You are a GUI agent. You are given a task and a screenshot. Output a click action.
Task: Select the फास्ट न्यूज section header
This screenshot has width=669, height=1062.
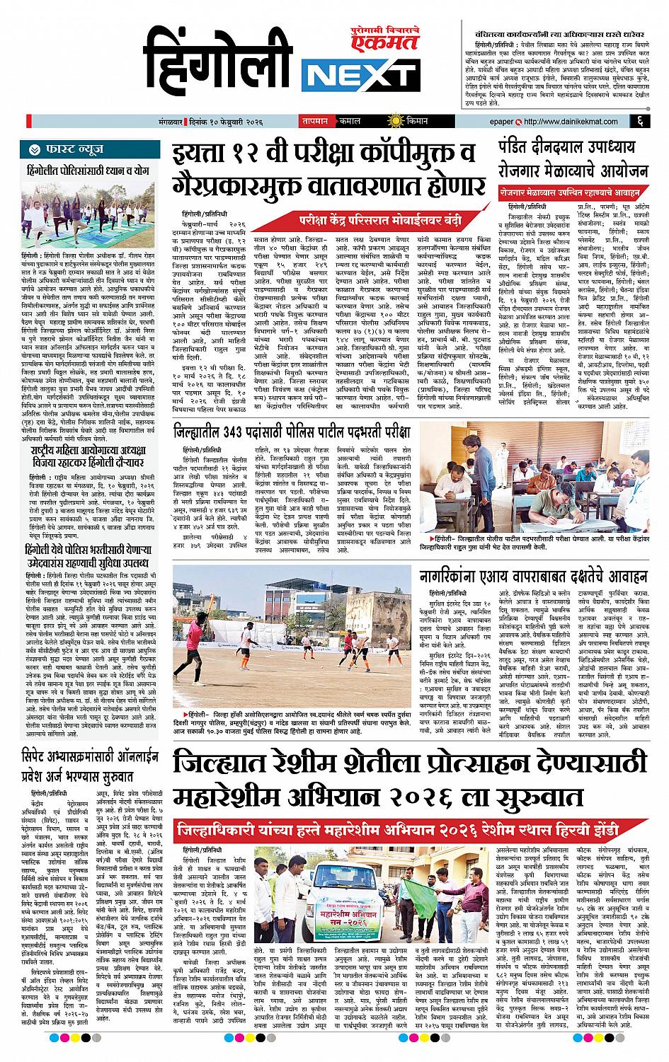[72, 149]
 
